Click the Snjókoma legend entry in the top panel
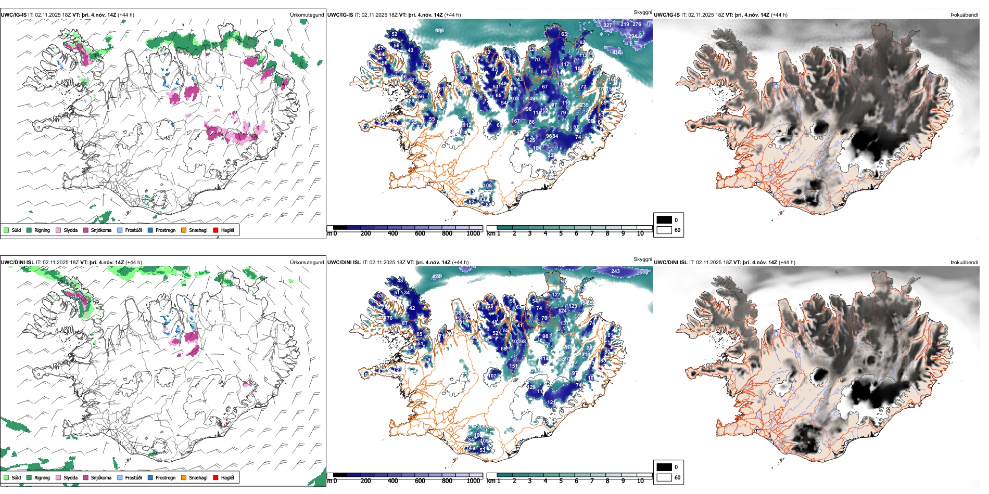(x=101, y=230)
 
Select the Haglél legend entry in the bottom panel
(x=227, y=478)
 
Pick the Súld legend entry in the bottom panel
(x=16, y=478)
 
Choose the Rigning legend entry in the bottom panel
(x=42, y=478)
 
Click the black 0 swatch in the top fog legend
(x=664, y=220)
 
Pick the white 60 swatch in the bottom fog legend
(x=664, y=477)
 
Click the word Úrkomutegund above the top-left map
(x=307, y=15)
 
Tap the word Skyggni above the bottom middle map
(x=643, y=259)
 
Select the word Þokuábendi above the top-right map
(x=964, y=15)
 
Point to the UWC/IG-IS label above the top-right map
(x=667, y=15)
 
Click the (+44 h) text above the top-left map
(x=126, y=15)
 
